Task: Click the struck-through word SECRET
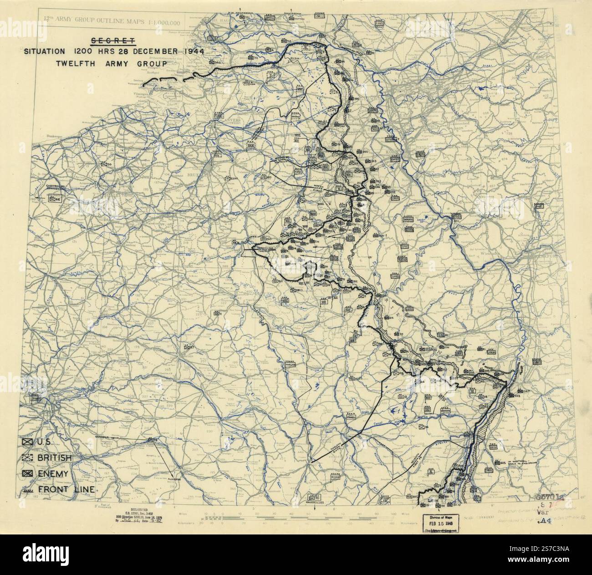pyautogui.click(x=114, y=41)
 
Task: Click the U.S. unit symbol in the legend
pyautogui.click(x=28, y=442)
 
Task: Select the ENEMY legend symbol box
pyautogui.click(x=28, y=473)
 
